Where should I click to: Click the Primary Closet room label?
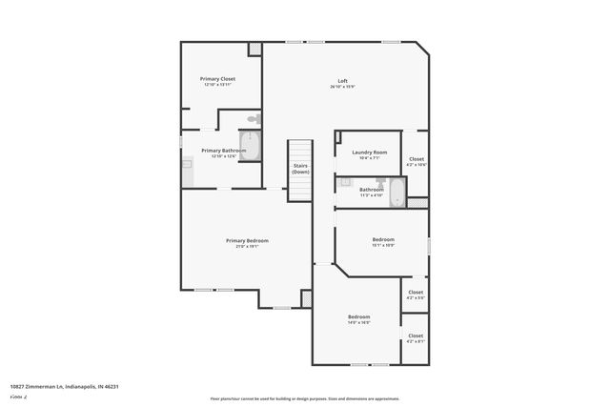coord(217,78)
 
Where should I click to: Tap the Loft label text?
coord(341,80)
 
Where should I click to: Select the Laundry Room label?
coord(369,153)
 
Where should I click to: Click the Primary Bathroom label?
coord(224,151)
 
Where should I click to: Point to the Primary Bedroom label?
coord(247,240)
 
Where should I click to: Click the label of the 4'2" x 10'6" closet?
coord(417,159)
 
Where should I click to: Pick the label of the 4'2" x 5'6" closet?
coord(416,293)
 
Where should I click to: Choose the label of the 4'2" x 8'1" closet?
coord(416,336)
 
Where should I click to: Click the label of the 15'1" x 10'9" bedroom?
coord(383,239)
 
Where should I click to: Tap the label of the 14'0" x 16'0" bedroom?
coord(358,316)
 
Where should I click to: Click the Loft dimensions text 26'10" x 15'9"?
coord(341,87)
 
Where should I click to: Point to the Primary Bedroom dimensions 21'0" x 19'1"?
coord(247,247)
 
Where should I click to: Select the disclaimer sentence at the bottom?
coord(305,398)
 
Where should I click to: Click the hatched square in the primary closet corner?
coord(254,49)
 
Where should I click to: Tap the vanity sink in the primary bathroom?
coord(188,164)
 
